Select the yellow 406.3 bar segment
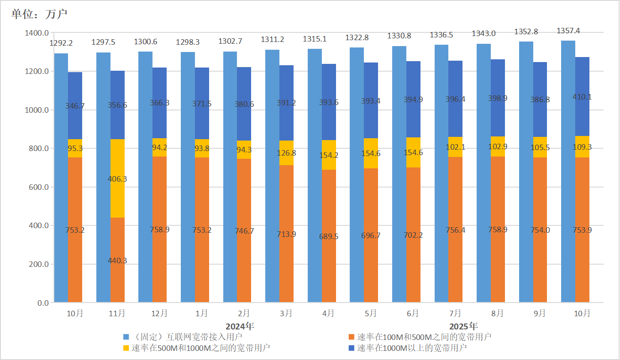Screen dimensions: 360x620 point(117,178)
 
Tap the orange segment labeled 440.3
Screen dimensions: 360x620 point(117,260)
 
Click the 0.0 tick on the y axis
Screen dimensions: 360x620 point(43,303)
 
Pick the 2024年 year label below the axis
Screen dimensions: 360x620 point(240,326)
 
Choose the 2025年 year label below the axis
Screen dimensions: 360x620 point(463,326)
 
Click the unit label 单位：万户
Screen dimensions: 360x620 point(39,14)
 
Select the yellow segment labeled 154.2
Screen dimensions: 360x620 point(329,155)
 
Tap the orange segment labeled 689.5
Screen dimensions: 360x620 point(329,236)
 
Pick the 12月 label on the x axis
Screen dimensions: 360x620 point(159,313)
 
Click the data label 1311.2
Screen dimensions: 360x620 point(272,40)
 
